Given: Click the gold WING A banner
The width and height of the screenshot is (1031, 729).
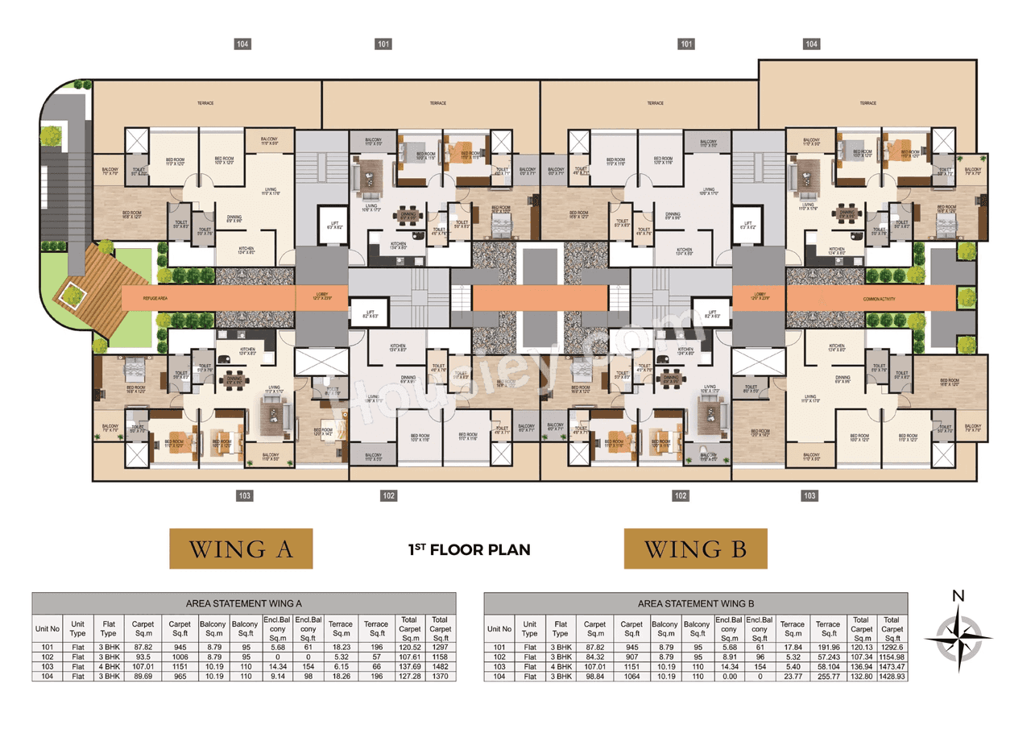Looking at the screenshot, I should [x=240, y=549].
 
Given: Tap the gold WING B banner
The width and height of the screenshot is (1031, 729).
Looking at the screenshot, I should [x=695, y=549].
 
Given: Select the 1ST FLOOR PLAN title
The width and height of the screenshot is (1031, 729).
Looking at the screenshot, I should [x=469, y=549].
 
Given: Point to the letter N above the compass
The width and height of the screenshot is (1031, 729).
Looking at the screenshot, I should [x=958, y=597].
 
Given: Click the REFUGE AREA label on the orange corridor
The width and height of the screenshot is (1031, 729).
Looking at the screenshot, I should [x=155, y=298].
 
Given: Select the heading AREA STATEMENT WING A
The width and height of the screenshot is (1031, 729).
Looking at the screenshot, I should [x=243, y=603].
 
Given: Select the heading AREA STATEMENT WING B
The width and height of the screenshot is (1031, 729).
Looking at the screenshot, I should [x=695, y=603].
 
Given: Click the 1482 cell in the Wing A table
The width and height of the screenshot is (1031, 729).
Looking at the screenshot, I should [x=440, y=667].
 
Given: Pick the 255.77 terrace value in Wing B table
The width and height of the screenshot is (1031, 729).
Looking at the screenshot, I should [x=827, y=677].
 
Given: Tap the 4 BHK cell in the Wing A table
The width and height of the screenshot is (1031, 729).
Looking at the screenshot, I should [x=108, y=667].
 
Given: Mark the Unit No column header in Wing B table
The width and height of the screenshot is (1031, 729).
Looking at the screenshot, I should [x=499, y=629].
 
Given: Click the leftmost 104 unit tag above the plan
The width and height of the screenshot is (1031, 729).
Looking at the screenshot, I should [x=242, y=43].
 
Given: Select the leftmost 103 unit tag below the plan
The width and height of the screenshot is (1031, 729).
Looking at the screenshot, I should [x=242, y=495].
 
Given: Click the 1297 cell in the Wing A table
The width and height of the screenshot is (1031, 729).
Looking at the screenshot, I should [x=440, y=646].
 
